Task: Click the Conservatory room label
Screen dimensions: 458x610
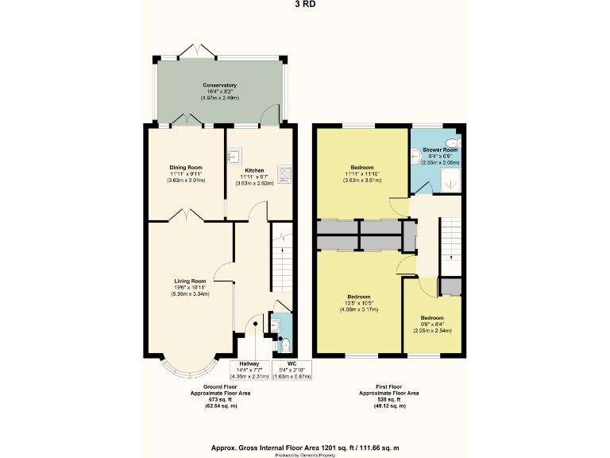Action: coord(219,85)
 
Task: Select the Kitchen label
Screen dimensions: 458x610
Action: coord(254,170)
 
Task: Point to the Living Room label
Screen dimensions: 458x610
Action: coord(191,281)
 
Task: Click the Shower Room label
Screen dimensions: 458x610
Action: coord(439,149)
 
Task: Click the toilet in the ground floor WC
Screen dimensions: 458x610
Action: coord(285,344)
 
